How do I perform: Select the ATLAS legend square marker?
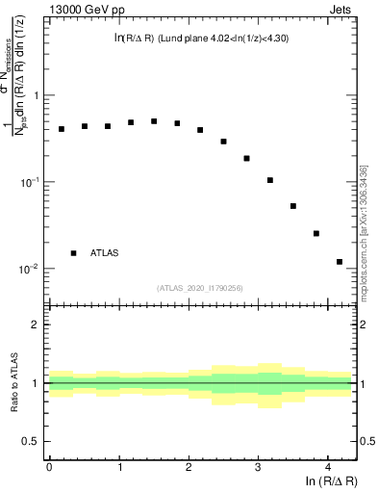[x=73, y=253]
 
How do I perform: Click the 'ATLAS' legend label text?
[x=106, y=253]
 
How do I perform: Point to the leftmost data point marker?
[x=62, y=129]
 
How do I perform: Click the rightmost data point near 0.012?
[x=340, y=262]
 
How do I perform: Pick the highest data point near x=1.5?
[x=154, y=121]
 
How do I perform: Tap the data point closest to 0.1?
[x=270, y=180]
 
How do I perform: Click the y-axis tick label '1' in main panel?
[x=37, y=96]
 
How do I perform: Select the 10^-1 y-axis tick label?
[x=30, y=182]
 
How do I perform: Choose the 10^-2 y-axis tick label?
[x=30, y=269]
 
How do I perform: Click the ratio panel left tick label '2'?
[x=37, y=324]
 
